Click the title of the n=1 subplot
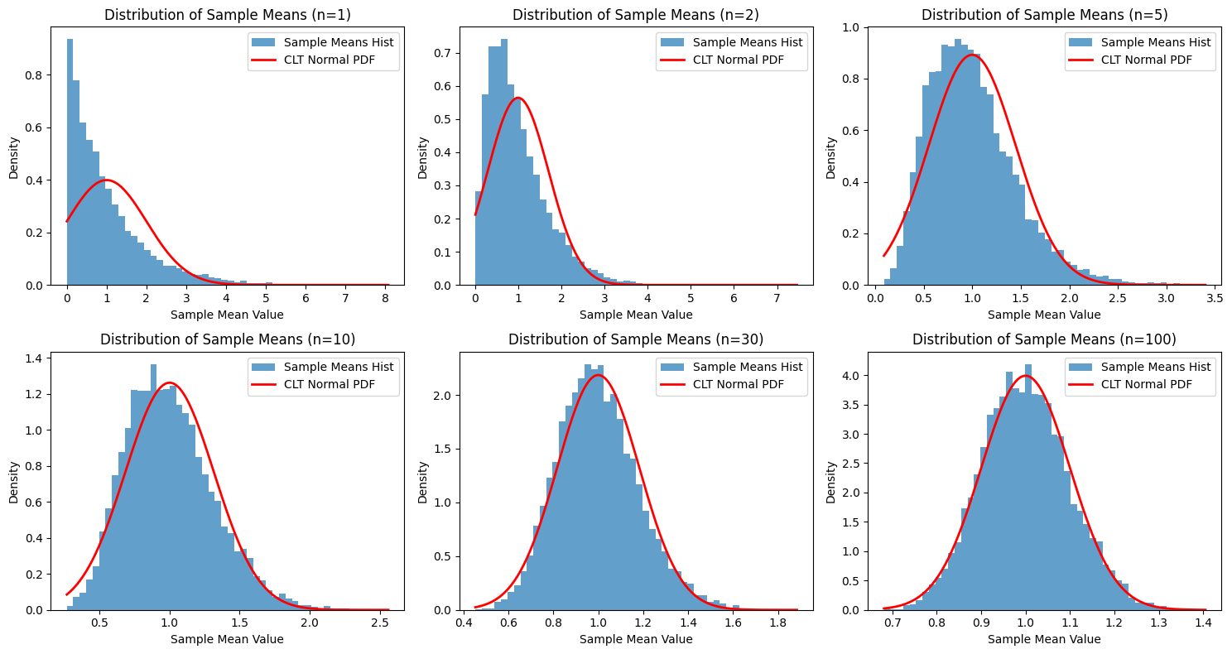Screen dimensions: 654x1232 227,15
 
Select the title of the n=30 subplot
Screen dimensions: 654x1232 635,339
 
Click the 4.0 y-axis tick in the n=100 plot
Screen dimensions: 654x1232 859,376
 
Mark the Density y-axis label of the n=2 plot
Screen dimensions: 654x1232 423,157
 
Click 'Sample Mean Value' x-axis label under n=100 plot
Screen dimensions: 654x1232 1044,639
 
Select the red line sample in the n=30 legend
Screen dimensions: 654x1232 673,384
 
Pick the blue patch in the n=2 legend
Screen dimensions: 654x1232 673,42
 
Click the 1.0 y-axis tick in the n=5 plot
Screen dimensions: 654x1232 859,27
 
